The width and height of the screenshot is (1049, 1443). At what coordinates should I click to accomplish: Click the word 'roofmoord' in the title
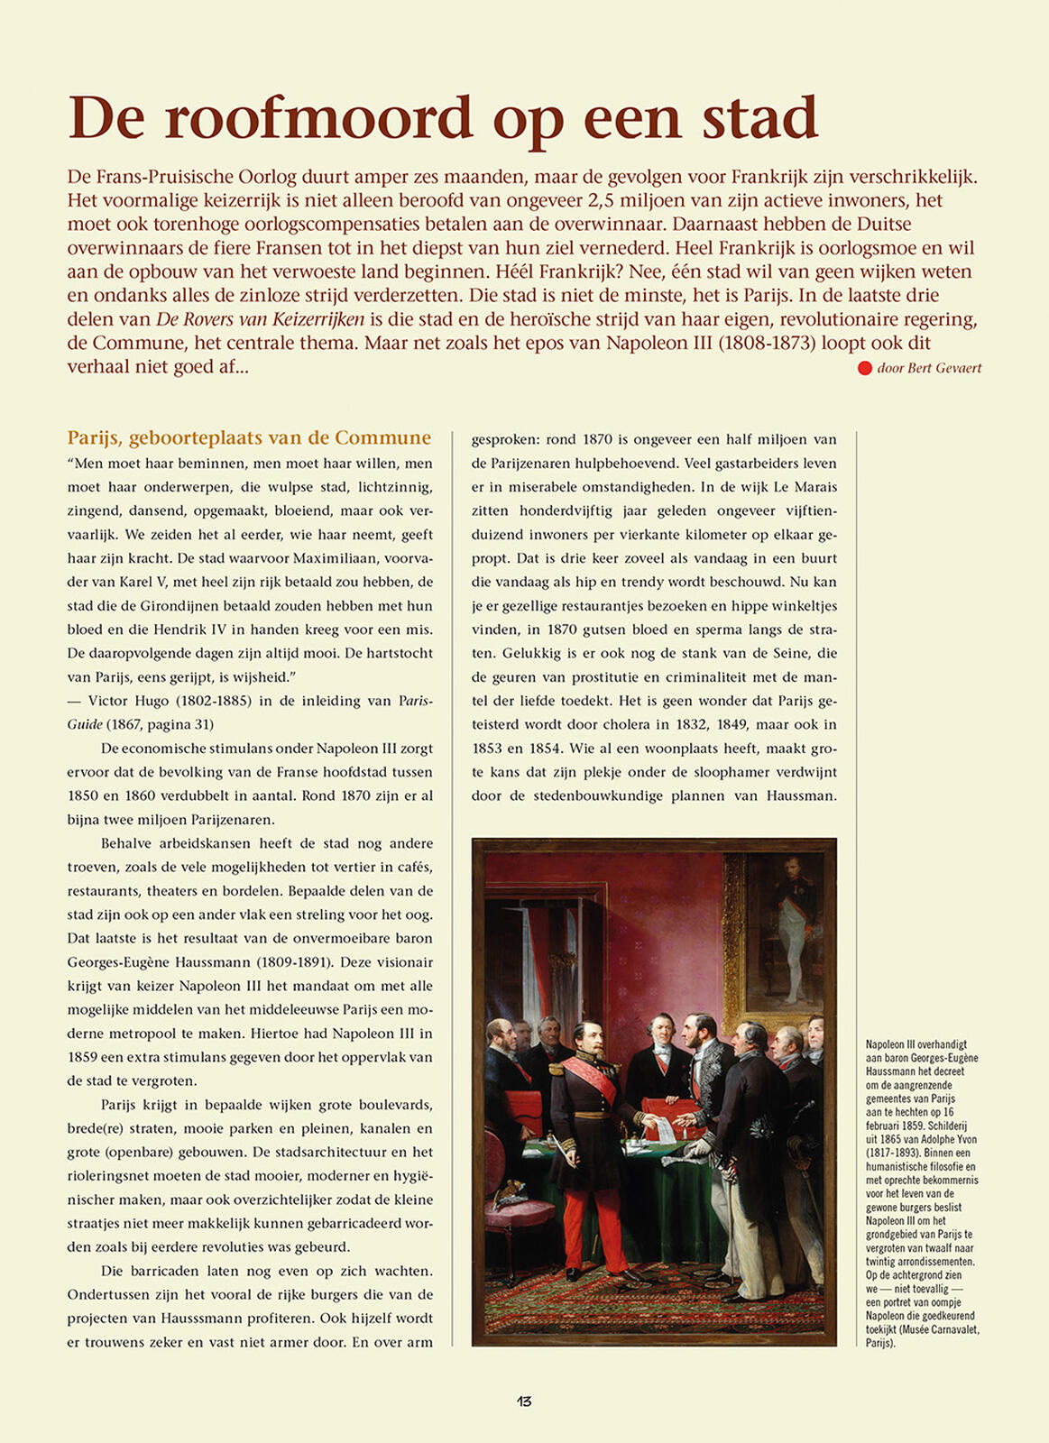pyautogui.click(x=319, y=119)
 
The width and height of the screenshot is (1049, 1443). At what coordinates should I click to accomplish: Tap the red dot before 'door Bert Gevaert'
pyautogui.click(x=864, y=368)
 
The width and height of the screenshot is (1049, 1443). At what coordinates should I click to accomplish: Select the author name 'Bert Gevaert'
pyautogui.click(x=944, y=368)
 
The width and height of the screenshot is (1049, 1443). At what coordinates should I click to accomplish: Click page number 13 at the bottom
pyautogui.click(x=524, y=1401)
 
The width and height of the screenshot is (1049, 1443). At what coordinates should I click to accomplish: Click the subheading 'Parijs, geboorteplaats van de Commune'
pyautogui.click(x=249, y=437)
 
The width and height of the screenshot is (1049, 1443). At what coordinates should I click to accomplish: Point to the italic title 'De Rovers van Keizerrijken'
pyautogui.click(x=261, y=319)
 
